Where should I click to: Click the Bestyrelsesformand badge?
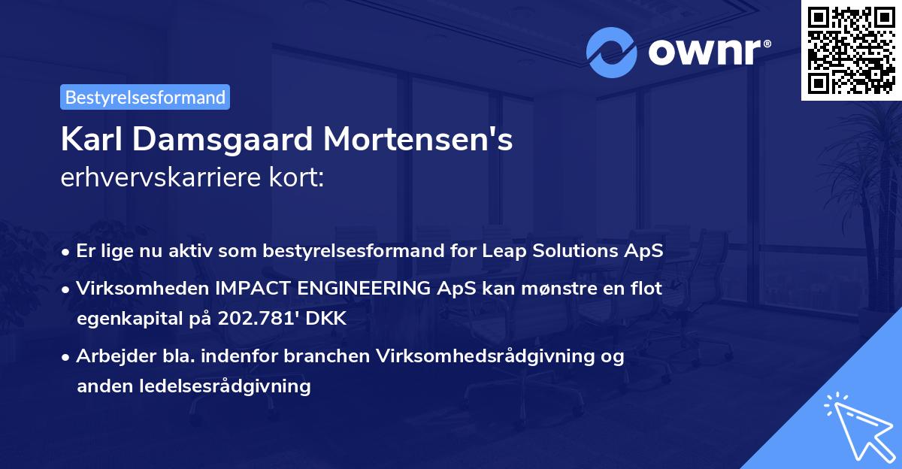tap(145, 97)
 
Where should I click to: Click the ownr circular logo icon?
tap(611, 53)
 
